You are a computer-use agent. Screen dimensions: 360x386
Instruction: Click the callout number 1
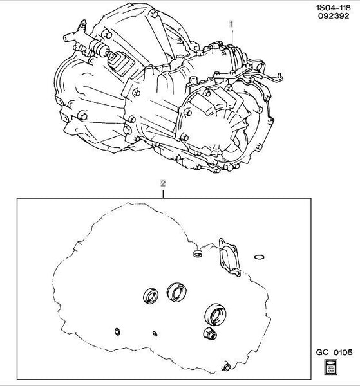(231, 24)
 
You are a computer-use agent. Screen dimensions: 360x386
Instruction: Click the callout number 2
(163, 183)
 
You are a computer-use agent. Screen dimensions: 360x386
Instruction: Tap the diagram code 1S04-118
(333, 8)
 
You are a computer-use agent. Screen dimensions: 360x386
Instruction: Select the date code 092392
(334, 16)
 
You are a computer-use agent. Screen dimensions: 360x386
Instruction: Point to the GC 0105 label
(334, 353)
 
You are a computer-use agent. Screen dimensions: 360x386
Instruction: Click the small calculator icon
(330, 367)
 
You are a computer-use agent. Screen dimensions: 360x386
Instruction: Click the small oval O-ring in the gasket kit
(260, 257)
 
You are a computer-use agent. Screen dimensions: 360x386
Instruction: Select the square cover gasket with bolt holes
(229, 257)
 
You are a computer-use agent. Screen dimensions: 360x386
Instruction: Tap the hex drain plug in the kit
(210, 333)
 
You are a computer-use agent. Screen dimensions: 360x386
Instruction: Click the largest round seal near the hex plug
(215, 315)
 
